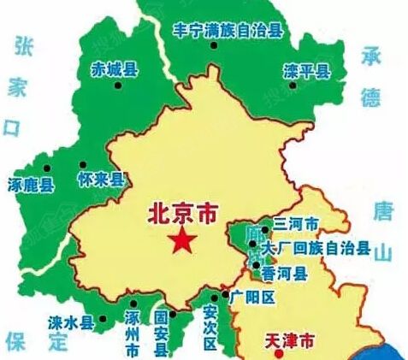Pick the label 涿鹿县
[x=30, y=185]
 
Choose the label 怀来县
[x=101, y=180]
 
